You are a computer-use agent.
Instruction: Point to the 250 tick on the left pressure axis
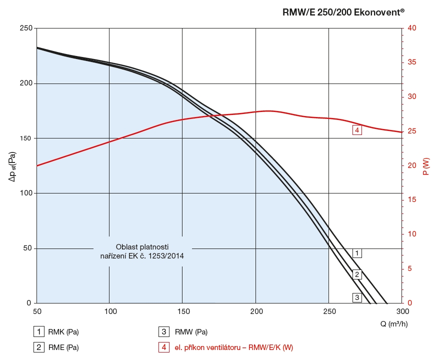[25, 28]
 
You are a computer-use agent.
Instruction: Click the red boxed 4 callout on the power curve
[356, 130]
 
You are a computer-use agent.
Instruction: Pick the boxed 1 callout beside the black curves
[356, 253]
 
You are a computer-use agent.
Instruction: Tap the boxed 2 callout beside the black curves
[356, 274]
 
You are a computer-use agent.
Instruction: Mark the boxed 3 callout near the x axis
[356, 297]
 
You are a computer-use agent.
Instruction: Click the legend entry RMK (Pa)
[63, 331]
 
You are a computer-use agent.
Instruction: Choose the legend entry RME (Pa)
[63, 347]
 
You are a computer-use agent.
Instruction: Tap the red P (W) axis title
[426, 166]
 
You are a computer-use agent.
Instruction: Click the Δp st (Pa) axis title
[11, 166]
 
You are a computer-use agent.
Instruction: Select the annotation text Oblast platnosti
[142, 247]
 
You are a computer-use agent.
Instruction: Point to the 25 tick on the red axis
[411, 131]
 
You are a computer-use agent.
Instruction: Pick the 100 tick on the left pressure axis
[25, 193]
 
